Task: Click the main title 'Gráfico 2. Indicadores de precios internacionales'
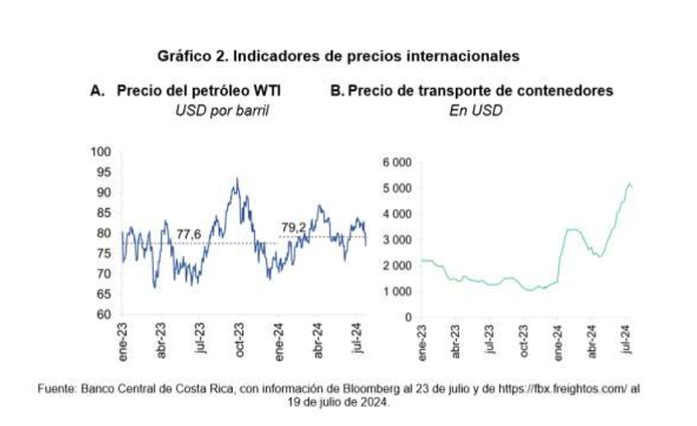tap(338, 57)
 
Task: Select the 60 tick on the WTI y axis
tap(105, 314)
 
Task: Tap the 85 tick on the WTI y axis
tap(105, 213)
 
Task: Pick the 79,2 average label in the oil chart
tap(294, 227)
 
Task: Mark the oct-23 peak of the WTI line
tap(237, 178)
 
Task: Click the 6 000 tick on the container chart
tap(397, 162)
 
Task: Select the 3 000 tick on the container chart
tap(397, 239)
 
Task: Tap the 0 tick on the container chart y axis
tap(407, 317)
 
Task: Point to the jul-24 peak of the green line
tap(630, 184)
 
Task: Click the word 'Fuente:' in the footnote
tap(57, 388)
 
